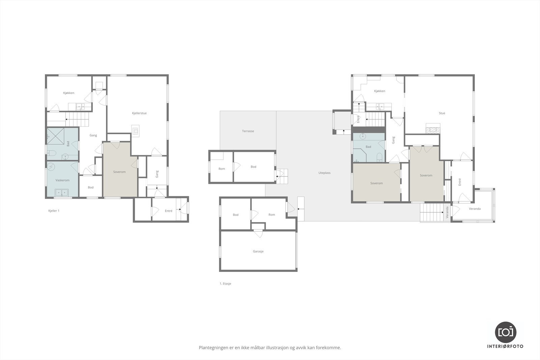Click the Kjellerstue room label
click(139, 113)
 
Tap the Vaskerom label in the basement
click(62, 180)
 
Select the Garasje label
click(258, 251)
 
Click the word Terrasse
click(248, 131)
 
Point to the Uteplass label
click(324, 173)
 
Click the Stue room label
click(442, 113)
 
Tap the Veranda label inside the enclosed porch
click(475, 209)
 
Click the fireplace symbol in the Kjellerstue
click(135, 130)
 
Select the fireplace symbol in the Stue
click(433, 129)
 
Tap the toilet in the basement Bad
click(51, 154)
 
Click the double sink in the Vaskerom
click(62, 193)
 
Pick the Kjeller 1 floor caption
click(54, 211)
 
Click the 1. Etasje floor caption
click(225, 284)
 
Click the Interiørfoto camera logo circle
click(505, 332)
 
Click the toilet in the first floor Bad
click(379, 157)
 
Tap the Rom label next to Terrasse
click(221, 169)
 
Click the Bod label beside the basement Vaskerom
click(90, 188)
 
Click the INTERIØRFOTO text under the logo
click(505, 346)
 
